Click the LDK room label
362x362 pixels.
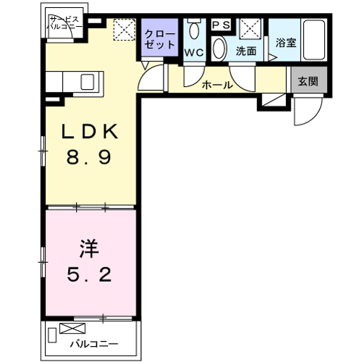tap(90, 133)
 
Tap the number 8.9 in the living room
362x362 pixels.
tap(90, 156)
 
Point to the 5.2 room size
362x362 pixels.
tap(89, 275)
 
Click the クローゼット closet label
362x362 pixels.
tap(158, 39)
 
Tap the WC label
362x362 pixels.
tap(193, 53)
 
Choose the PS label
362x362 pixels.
tap(221, 24)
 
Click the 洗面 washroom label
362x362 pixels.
tap(246, 53)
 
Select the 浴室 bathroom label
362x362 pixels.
tap(285, 43)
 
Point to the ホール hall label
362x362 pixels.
tap(217, 85)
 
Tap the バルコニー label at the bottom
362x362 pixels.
tap(93, 344)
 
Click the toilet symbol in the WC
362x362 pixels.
tap(193, 31)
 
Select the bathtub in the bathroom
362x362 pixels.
tap(313, 42)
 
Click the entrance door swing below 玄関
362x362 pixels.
tap(306, 110)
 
